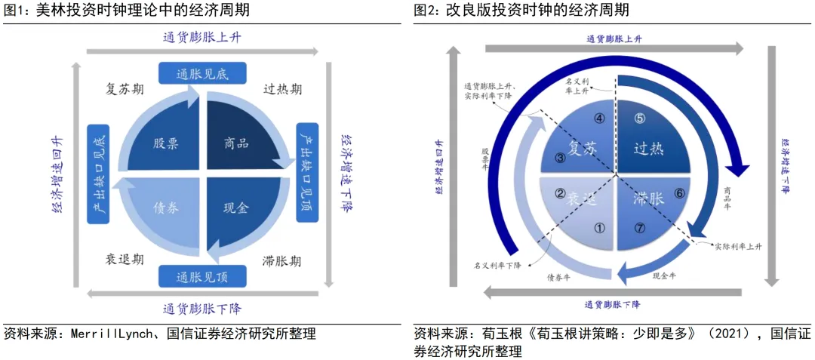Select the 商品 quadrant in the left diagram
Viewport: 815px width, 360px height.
click(237, 143)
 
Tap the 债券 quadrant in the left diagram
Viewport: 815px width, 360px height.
click(167, 208)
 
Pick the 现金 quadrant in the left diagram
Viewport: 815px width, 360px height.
click(237, 208)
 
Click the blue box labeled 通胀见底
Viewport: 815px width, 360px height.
click(201, 73)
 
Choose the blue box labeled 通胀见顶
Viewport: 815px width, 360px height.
click(201, 275)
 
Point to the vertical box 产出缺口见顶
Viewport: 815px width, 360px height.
click(307, 173)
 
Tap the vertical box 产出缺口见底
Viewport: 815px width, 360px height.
click(98, 173)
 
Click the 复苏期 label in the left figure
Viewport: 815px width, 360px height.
click(125, 89)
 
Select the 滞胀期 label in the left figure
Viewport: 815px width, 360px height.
click(283, 261)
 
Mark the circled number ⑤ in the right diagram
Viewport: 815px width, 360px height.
click(639, 118)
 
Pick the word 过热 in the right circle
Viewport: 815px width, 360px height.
click(648, 149)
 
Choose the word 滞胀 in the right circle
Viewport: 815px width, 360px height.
click(648, 199)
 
